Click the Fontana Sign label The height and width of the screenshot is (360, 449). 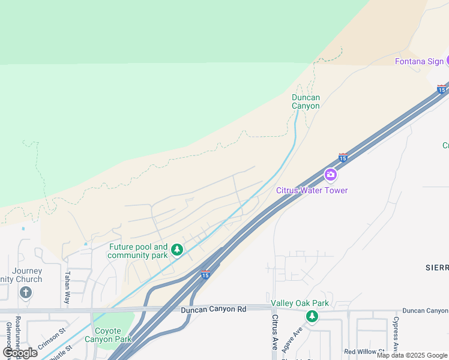(419, 62)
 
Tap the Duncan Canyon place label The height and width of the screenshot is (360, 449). (306, 101)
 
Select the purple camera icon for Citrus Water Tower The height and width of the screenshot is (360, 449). (330, 175)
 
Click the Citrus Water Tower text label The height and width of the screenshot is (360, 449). (312, 190)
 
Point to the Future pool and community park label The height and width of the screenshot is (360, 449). (138, 251)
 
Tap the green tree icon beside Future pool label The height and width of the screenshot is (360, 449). (176, 250)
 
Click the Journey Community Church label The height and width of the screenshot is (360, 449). (23, 275)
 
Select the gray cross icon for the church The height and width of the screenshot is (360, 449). (25, 293)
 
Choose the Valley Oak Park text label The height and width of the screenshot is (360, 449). (300, 304)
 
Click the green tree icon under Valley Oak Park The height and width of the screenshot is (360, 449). (312, 316)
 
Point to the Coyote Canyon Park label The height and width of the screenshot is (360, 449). (113, 335)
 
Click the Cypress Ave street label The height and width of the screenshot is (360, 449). (396, 334)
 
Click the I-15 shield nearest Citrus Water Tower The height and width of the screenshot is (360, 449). (343, 157)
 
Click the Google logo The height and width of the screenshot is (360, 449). (20, 353)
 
